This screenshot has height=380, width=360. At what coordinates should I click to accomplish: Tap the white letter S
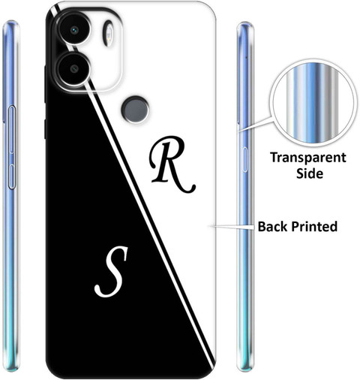[x=111, y=271]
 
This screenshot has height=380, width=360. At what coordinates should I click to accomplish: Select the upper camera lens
[x=74, y=30]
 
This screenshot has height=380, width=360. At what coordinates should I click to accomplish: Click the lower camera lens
[x=74, y=69]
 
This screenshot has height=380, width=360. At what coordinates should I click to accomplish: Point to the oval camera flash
[x=109, y=33]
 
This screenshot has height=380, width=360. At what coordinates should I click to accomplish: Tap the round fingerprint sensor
[x=135, y=110]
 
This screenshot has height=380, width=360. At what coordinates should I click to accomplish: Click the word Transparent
[x=308, y=158]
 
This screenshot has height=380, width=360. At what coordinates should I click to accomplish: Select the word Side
[x=310, y=173]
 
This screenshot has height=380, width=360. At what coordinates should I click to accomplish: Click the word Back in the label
[x=272, y=226]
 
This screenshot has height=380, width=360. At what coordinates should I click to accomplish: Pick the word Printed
[x=314, y=227]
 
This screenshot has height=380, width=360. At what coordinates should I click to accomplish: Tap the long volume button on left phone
[x=12, y=129]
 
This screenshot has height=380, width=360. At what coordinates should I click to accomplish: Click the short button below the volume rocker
[x=12, y=176]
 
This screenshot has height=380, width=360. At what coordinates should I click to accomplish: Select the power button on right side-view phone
[x=245, y=159]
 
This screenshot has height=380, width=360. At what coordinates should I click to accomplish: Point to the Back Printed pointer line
[x=232, y=227]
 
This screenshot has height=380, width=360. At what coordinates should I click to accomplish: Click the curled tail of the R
[x=187, y=188]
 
